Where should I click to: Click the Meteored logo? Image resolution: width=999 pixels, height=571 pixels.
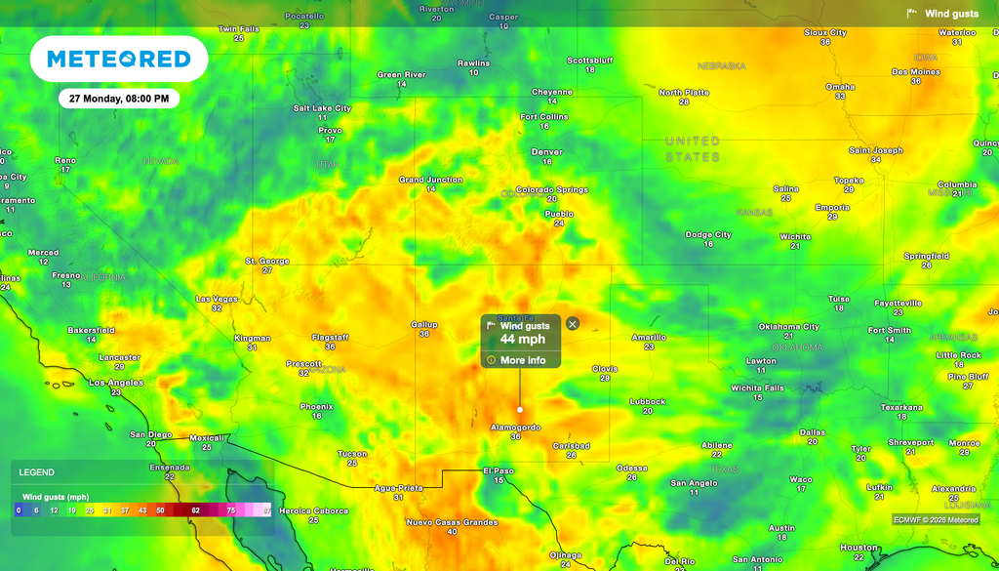click(119, 59)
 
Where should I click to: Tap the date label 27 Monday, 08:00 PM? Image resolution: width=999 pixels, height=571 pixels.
click(119, 99)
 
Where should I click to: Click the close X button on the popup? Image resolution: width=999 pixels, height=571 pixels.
click(573, 324)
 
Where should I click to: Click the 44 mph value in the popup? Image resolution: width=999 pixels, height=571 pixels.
click(522, 339)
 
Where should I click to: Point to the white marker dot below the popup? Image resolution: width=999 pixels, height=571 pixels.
click(520, 409)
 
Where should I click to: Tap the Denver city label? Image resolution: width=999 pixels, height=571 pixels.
click(547, 152)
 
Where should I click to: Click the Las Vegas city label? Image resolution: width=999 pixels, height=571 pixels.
click(217, 299)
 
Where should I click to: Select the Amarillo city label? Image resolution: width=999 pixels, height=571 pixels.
click(649, 338)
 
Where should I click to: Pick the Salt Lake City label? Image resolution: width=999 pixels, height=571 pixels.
click(322, 108)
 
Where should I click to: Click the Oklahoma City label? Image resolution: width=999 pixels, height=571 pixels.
click(788, 327)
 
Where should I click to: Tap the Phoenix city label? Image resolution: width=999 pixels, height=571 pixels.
click(316, 407)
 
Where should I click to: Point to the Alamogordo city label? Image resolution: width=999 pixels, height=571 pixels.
click(515, 428)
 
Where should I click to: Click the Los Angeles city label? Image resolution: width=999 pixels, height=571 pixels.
click(116, 383)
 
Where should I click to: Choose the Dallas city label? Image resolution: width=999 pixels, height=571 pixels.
click(812, 432)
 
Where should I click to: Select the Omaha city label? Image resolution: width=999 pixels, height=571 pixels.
click(840, 87)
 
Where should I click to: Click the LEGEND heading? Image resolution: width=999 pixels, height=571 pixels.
click(37, 472)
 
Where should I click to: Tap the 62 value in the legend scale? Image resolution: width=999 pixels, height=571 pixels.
click(195, 510)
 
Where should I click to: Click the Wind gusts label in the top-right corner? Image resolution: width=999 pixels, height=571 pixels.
click(951, 14)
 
